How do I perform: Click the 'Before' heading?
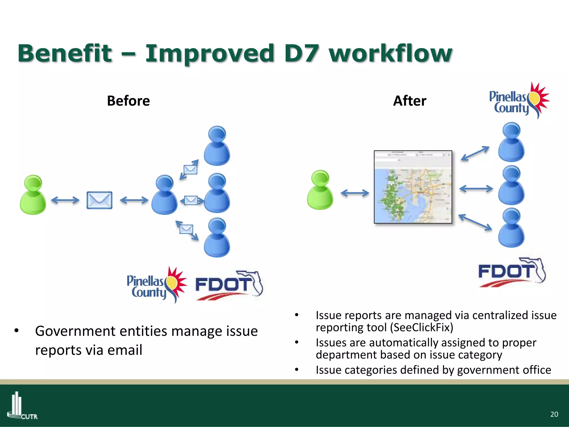(128, 101)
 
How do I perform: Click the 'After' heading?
(410, 101)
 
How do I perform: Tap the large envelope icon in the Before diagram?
(99, 200)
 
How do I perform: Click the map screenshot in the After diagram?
(413, 187)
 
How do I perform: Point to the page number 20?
(554, 414)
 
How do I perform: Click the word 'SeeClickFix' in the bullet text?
(421, 327)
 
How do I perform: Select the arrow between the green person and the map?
(355, 193)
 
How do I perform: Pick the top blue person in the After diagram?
(511, 142)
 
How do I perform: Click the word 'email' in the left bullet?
(125, 350)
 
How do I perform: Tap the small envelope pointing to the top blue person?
(191, 169)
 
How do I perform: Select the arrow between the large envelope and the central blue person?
(134, 200)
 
